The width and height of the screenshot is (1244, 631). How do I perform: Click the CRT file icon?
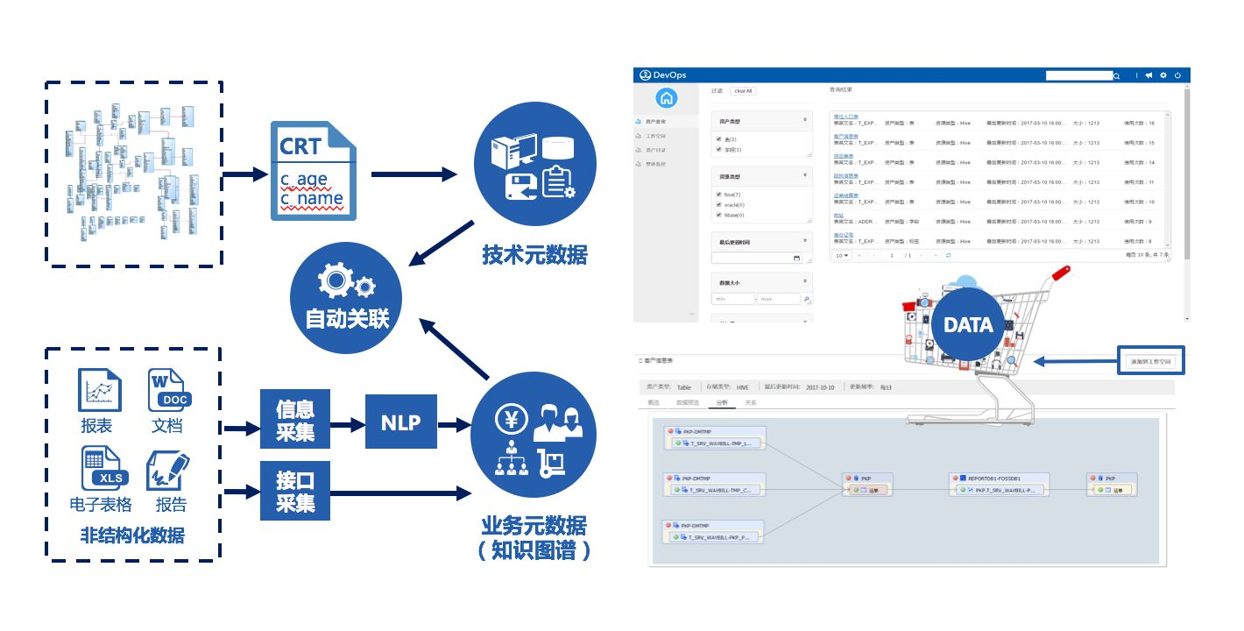click(313, 170)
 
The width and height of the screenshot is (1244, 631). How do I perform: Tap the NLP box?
click(400, 422)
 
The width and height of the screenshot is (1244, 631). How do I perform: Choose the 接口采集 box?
click(295, 491)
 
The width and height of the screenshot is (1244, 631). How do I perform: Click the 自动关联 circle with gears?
click(347, 297)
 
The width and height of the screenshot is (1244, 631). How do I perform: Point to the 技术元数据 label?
click(534, 255)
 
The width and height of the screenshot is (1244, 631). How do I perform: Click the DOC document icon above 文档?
click(167, 390)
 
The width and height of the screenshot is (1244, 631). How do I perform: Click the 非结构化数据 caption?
click(132, 535)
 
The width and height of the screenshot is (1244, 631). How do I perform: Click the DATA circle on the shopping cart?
click(968, 325)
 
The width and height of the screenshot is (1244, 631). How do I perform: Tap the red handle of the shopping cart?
click(1061, 273)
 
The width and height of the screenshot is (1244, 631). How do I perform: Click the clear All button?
click(743, 91)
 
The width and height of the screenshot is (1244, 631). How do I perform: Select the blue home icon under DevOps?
click(667, 98)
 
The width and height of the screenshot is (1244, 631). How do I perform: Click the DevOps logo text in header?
click(669, 75)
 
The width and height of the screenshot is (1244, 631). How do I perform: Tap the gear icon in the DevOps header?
click(1163, 75)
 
